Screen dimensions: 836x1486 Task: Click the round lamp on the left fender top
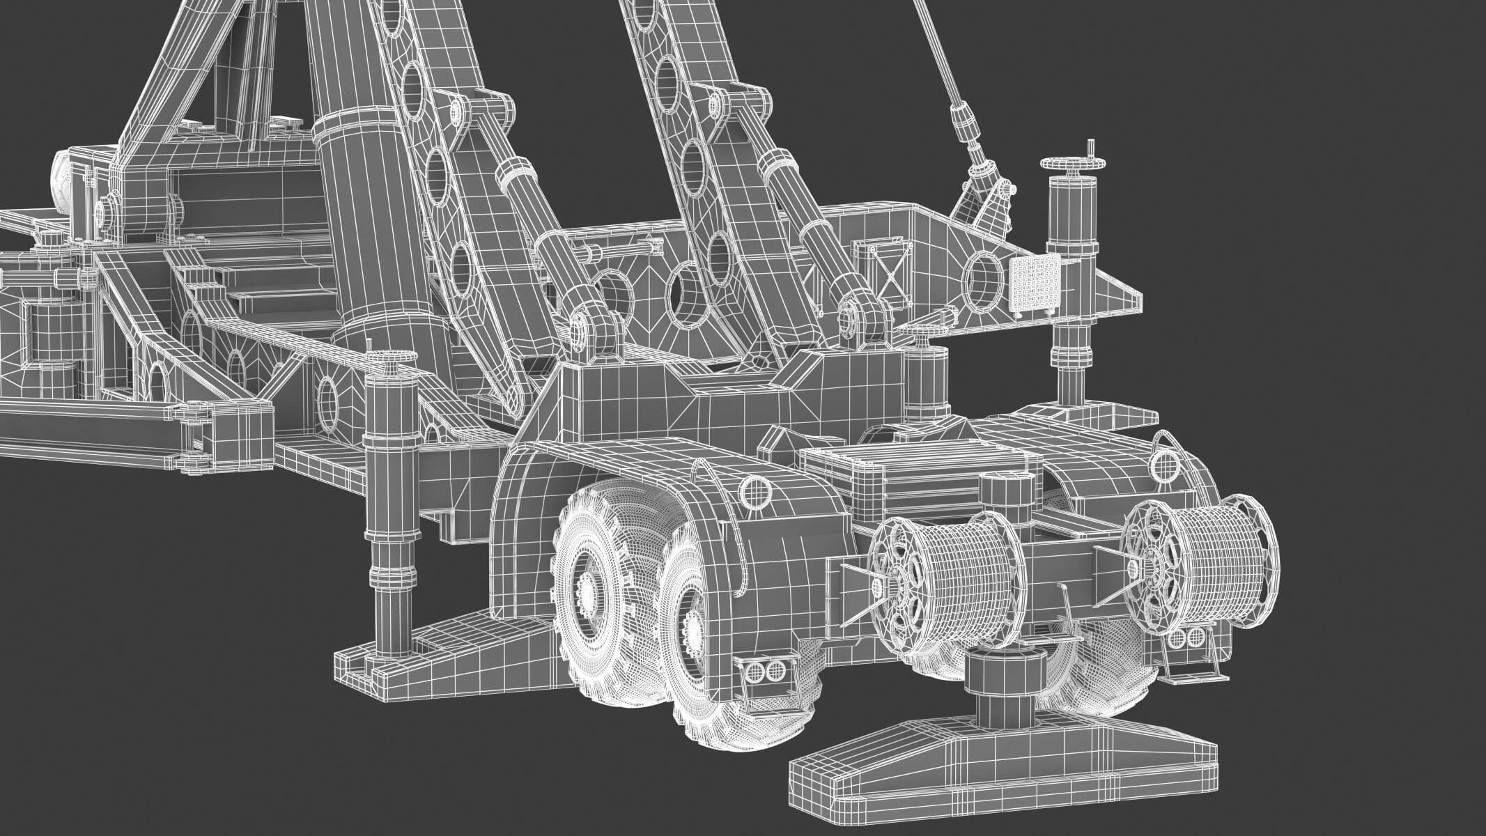(756, 493)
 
